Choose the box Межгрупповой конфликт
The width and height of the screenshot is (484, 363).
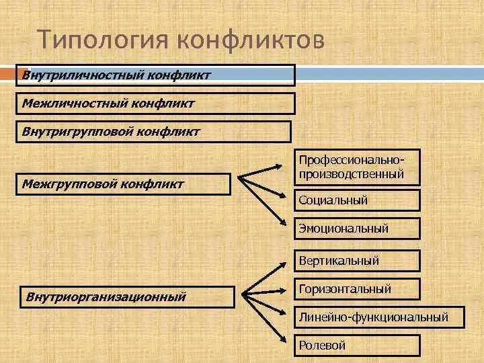click(124, 184)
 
